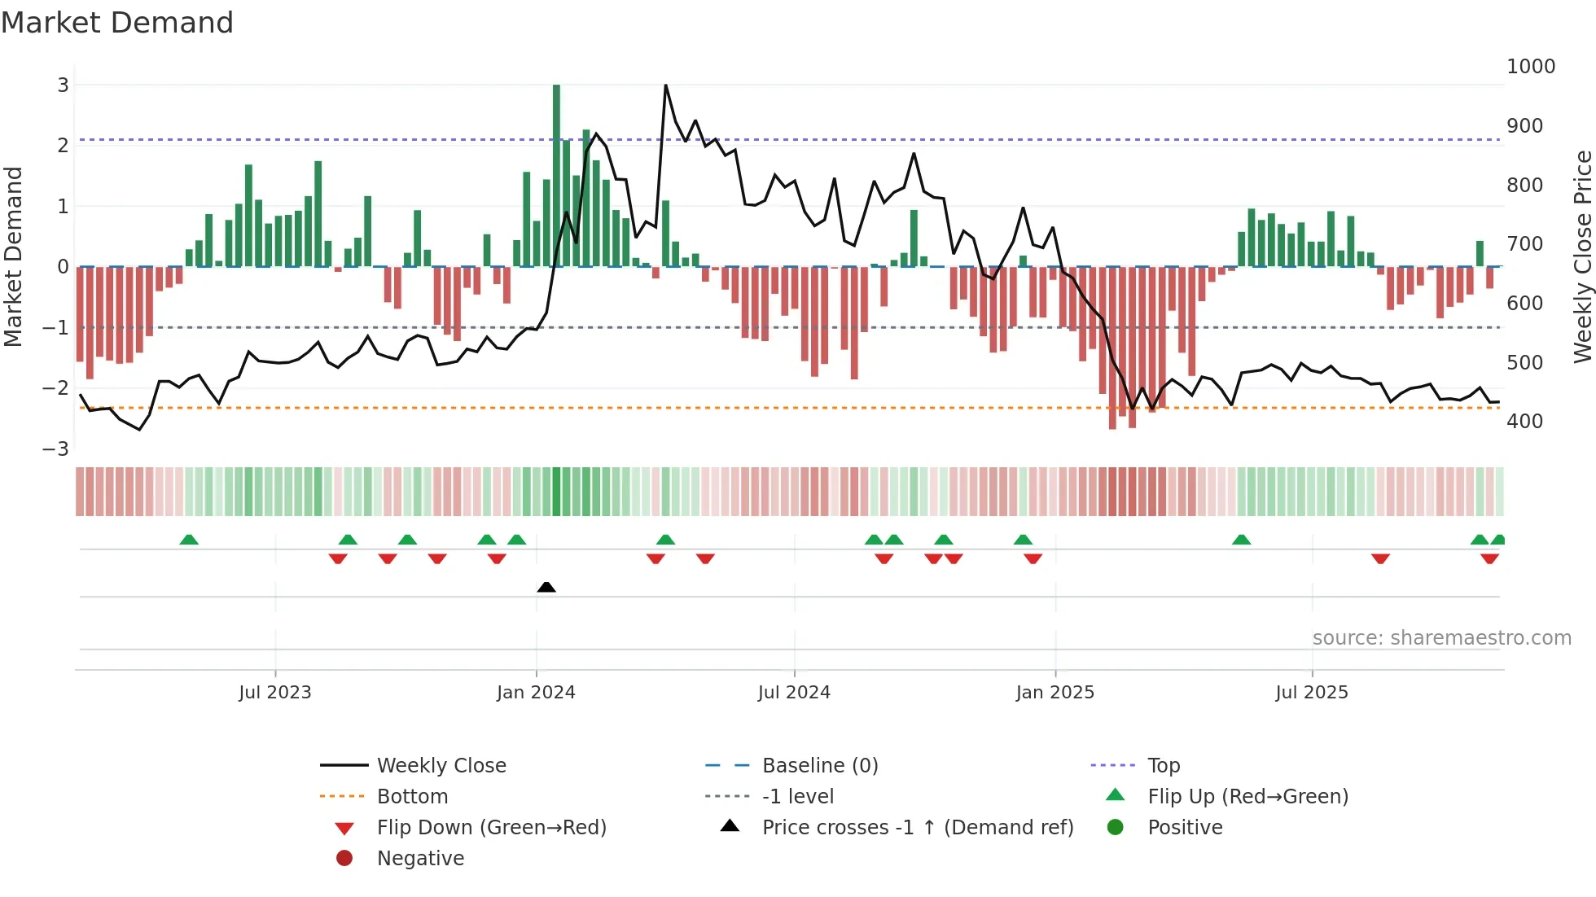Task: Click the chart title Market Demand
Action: click(x=117, y=23)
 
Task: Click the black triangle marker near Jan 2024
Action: click(x=546, y=587)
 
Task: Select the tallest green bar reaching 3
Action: click(x=556, y=175)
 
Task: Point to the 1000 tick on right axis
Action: click(x=1530, y=67)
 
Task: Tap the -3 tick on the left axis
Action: click(x=55, y=448)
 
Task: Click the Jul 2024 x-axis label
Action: click(x=793, y=693)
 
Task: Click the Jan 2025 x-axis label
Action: click(x=1054, y=693)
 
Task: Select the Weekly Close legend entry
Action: click(x=441, y=766)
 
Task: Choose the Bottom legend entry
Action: click(x=412, y=797)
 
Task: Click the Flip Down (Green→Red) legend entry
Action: click(x=491, y=828)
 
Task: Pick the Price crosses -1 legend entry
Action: click(x=917, y=828)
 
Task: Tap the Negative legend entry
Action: click(x=420, y=859)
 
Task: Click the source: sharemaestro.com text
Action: click(x=1441, y=638)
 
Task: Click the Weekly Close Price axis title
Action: click(x=1582, y=256)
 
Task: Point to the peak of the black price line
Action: click(x=665, y=85)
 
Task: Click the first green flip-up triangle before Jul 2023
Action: click(x=189, y=540)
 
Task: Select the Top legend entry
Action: click(x=1163, y=766)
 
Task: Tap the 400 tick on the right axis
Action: click(x=1524, y=422)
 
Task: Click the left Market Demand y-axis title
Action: click(x=13, y=256)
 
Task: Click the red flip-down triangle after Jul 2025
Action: click(x=1380, y=558)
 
